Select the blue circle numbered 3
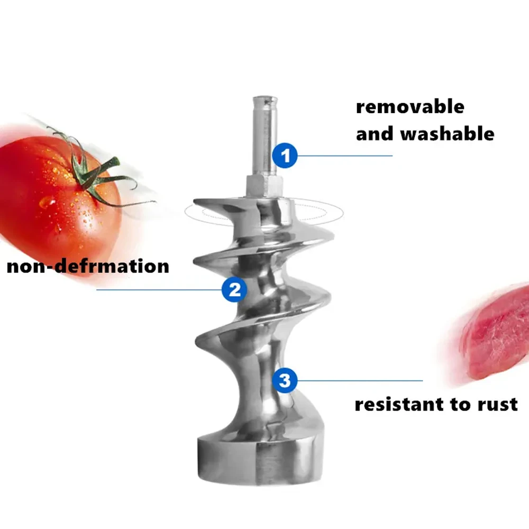285,380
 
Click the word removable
410,107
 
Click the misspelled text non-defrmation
88,266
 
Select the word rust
495,405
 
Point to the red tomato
48,201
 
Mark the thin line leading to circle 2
159,289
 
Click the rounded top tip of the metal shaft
264,99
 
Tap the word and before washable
375,134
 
